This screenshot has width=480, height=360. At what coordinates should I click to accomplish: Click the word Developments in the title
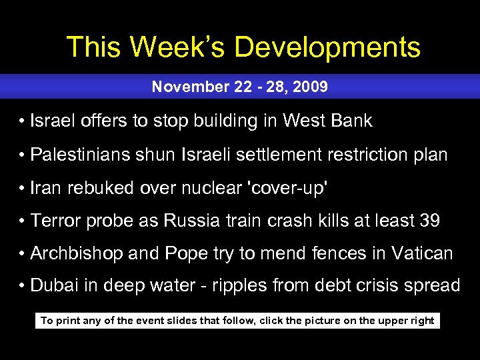[x=327, y=48]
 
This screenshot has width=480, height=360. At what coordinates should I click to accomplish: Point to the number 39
[x=430, y=221]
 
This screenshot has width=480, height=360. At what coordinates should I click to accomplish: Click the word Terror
[x=54, y=221]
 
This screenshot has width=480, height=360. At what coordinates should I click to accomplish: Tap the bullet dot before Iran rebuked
[x=23, y=189]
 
